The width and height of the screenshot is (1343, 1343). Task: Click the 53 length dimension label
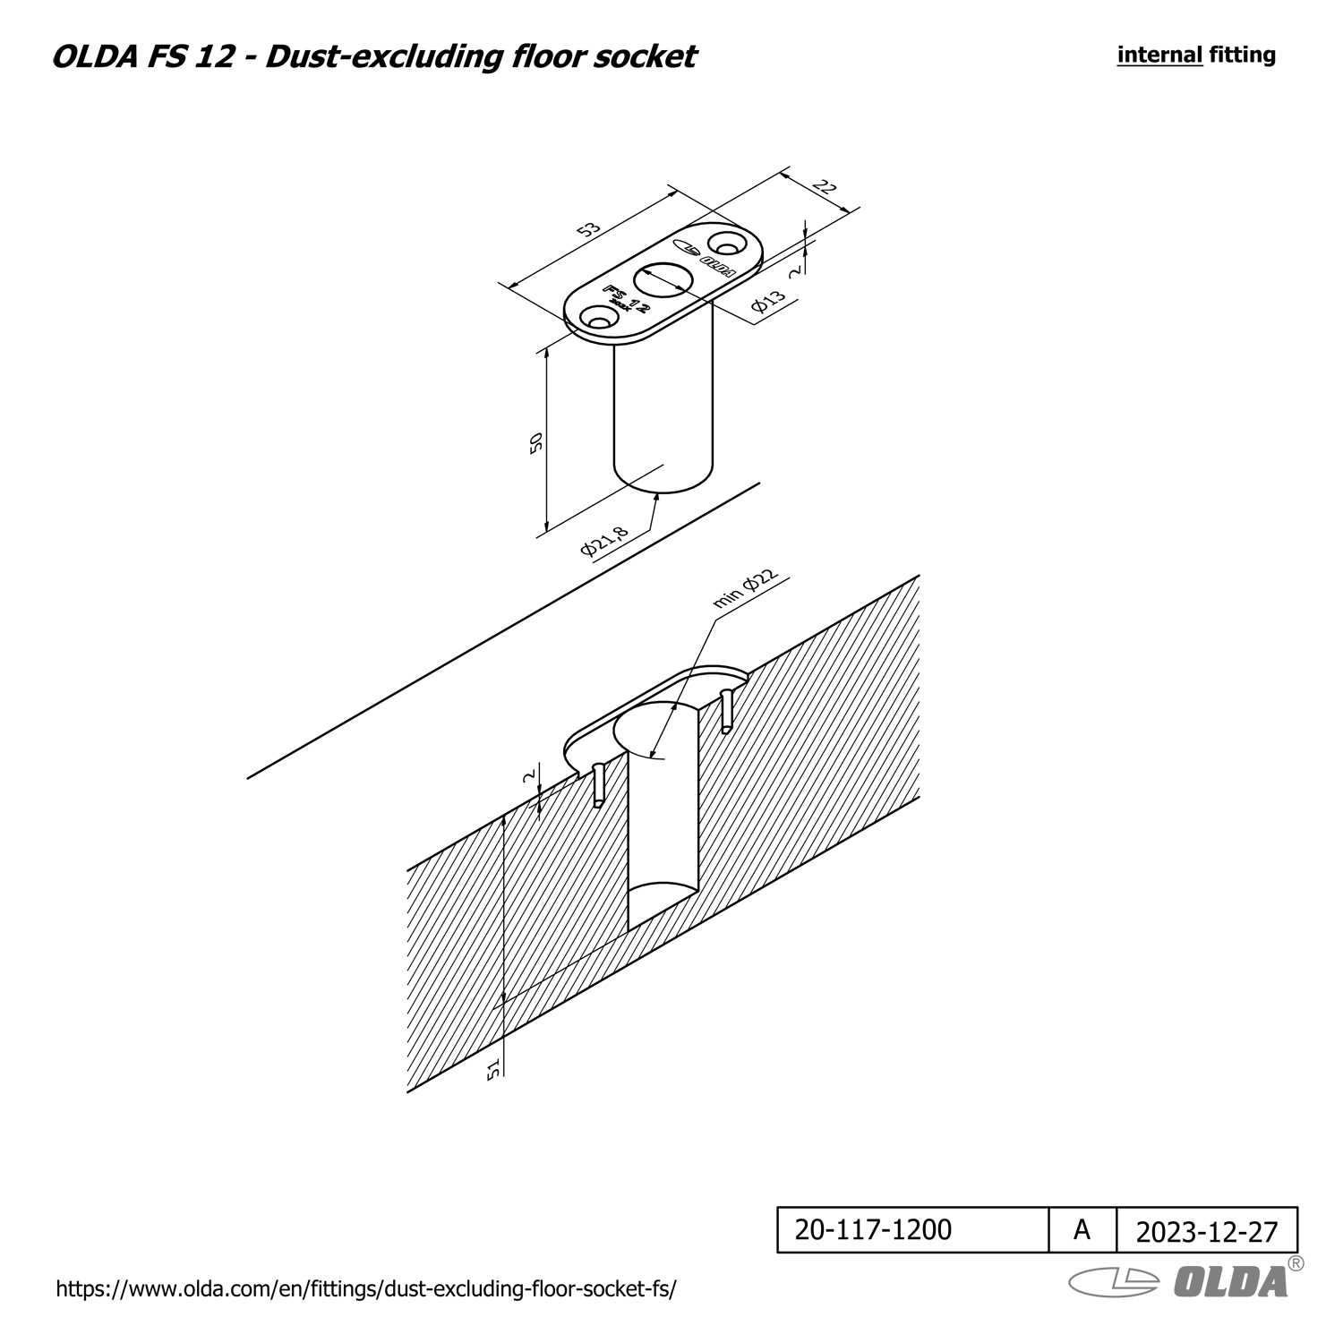[x=588, y=229]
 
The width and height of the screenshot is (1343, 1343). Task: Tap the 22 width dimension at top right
[x=825, y=188]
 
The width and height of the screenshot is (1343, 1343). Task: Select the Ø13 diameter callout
[x=769, y=301]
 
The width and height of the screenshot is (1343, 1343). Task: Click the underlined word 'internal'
[x=1159, y=55]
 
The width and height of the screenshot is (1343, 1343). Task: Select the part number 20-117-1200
[x=873, y=1229]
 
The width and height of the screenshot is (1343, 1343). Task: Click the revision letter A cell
[x=1082, y=1229]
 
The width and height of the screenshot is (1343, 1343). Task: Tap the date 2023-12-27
[x=1207, y=1232]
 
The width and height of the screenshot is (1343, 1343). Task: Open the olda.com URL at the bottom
[x=366, y=1289]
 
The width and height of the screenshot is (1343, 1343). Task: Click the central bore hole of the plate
[x=662, y=278]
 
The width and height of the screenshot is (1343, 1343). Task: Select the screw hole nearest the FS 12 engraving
[x=598, y=317]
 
